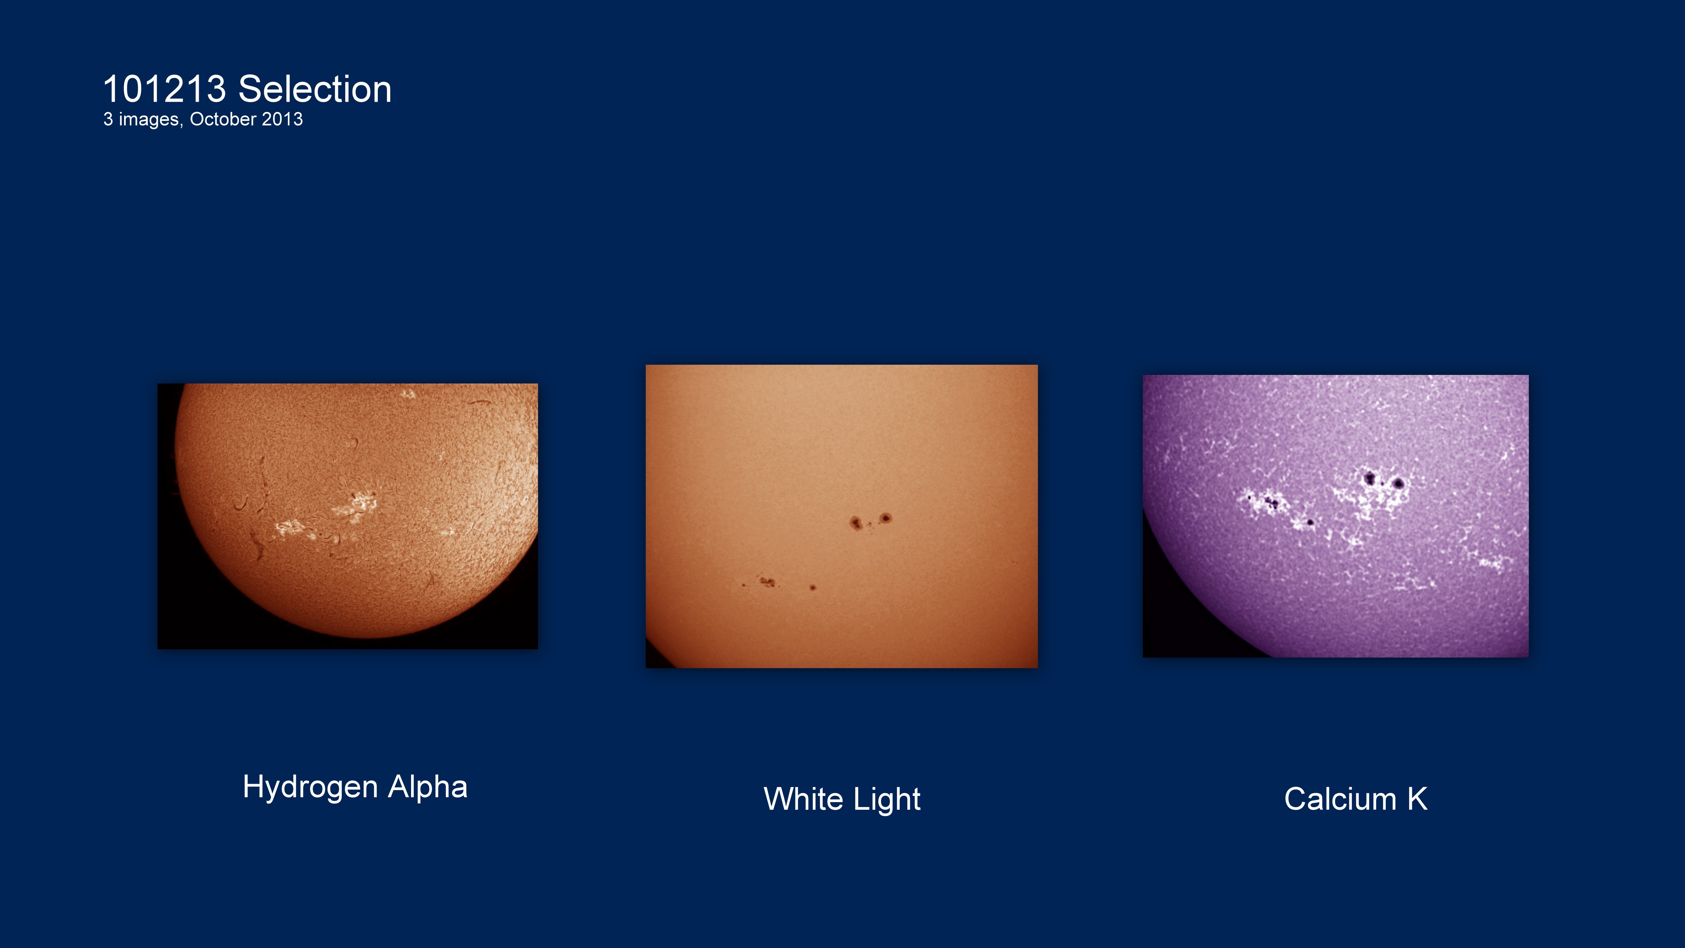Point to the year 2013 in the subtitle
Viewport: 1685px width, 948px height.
point(283,119)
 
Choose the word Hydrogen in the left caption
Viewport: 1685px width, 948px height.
point(311,787)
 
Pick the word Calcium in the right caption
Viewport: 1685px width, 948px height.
point(1340,799)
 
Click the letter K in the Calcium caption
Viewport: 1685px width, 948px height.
point(1417,799)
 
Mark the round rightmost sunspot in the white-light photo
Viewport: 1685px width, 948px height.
point(886,518)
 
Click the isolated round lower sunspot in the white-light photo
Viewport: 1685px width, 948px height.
point(813,588)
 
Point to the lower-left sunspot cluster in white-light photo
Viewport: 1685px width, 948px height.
point(765,581)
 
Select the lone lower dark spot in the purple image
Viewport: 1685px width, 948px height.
point(1310,522)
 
